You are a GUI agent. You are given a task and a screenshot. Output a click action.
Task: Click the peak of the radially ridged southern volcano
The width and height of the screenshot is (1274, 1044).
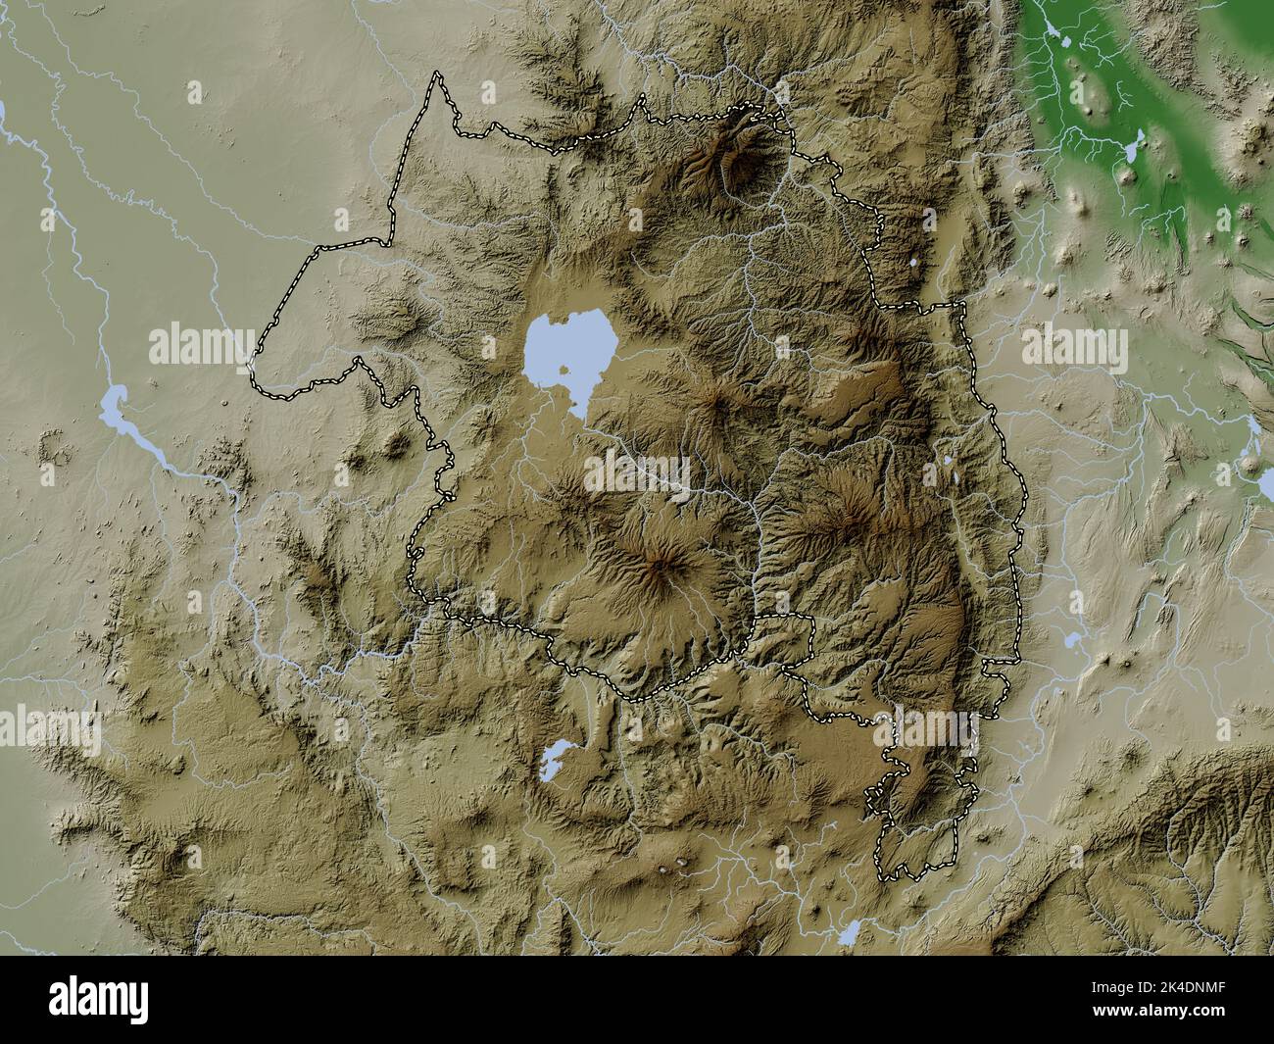click(658, 563)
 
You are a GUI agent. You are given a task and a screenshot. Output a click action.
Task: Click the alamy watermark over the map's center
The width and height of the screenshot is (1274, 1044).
click(638, 472)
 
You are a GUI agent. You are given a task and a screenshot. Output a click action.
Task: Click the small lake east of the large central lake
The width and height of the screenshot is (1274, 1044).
click(781, 348)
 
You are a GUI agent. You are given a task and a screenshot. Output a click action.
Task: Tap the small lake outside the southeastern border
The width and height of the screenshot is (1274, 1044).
click(1072, 643)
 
